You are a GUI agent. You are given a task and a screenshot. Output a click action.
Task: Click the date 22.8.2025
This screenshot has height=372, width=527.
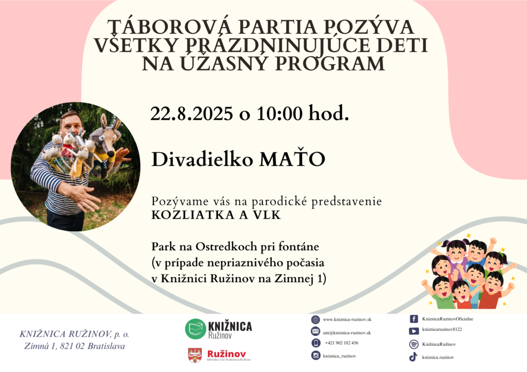coord(191,114)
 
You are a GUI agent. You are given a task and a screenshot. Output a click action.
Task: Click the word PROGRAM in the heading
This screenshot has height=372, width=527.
coord(330,63)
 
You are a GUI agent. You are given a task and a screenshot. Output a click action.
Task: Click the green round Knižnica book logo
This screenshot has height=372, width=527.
coord(195,329)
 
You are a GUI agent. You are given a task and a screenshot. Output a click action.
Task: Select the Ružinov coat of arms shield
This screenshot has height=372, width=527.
coord(195,355)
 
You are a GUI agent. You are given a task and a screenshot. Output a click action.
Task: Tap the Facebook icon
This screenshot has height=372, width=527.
coord(414,319)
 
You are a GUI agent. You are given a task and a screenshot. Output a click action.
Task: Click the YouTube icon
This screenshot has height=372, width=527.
coord(414,331)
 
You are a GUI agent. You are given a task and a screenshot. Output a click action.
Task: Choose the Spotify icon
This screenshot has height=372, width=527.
coord(414,344)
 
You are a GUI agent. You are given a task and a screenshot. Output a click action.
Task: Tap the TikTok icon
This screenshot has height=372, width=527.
coord(413,357)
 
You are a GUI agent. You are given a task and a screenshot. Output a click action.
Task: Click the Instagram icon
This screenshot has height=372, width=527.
coord(315,356)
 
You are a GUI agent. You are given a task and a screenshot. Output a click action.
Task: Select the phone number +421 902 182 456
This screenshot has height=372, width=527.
coord(342,343)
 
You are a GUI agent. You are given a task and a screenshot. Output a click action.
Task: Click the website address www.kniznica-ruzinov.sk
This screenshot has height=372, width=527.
coord(347,320)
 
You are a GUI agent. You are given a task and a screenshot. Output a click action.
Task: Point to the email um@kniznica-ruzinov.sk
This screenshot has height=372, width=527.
coord(347,333)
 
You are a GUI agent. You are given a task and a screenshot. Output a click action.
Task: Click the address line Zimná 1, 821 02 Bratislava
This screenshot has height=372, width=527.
coord(74,346)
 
